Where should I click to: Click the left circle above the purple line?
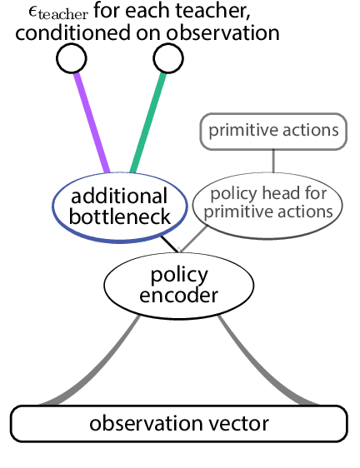(x=71, y=57)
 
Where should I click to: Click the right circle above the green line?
(x=167, y=57)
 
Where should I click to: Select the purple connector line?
(x=92, y=122)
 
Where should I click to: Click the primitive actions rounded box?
(x=273, y=132)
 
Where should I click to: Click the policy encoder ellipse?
(x=166, y=284)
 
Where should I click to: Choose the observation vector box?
(x=178, y=423)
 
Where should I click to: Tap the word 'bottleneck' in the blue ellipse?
(x=119, y=217)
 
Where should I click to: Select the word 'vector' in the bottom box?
(x=240, y=423)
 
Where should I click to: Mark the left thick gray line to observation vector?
(x=92, y=366)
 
